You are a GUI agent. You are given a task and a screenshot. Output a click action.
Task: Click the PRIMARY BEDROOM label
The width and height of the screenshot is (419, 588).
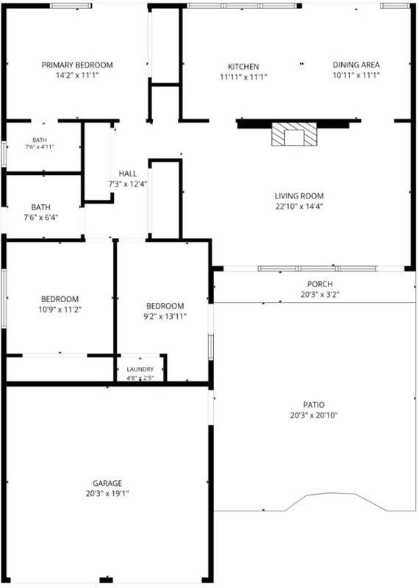[x=77, y=65]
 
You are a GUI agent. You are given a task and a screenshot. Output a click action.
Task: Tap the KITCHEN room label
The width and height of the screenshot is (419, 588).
[x=243, y=67]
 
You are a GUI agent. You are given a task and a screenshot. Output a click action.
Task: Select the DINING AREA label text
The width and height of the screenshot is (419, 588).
[x=356, y=65]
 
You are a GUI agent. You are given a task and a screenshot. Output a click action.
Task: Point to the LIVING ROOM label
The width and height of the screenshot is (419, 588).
[x=299, y=196]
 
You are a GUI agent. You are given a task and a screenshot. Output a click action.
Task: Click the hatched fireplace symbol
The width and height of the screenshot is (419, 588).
[x=294, y=134]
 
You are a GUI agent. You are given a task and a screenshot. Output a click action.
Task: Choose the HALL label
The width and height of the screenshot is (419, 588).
[x=128, y=173]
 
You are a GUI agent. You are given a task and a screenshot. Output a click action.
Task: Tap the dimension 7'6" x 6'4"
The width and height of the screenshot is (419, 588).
[x=41, y=218]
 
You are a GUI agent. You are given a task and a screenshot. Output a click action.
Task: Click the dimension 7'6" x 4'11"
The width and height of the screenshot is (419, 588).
[x=40, y=146]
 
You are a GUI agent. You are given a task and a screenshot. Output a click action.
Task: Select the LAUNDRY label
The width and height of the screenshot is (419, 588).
[x=140, y=370]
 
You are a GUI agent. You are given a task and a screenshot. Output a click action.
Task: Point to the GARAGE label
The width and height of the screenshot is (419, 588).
[x=107, y=484]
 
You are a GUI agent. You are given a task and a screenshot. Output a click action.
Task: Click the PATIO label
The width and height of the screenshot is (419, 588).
[x=314, y=405]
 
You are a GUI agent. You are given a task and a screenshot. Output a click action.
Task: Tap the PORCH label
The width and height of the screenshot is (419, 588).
[x=320, y=284]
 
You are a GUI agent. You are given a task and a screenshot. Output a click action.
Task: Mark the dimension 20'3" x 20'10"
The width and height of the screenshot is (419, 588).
[x=314, y=415]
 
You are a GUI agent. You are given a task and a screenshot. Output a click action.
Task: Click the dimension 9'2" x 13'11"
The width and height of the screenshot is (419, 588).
[x=165, y=317]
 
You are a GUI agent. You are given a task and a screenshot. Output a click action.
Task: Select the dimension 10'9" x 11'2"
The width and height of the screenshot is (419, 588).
[x=60, y=309]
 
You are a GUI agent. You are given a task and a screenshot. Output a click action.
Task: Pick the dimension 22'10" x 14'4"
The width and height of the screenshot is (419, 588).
[x=299, y=207]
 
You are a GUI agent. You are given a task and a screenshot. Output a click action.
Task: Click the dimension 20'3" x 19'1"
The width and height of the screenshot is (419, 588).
[x=107, y=494]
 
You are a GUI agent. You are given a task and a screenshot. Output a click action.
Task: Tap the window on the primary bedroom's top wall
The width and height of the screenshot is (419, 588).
[x=71, y=6]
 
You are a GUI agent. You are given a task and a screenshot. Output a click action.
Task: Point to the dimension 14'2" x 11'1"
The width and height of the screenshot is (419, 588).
[x=77, y=76]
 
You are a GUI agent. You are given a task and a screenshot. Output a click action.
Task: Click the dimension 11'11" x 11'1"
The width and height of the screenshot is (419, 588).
[x=243, y=77]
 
